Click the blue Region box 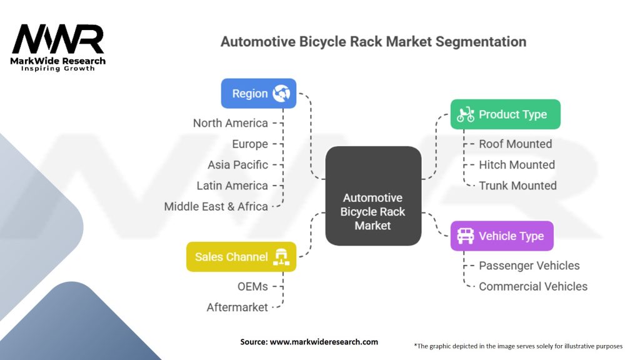(x=258, y=94)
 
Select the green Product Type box (x=505, y=114)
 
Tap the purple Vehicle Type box (x=502, y=236)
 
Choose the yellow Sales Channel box (x=241, y=257)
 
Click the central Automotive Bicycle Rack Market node (x=373, y=212)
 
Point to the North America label (x=230, y=123)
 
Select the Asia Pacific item (x=237, y=165)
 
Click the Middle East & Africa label (x=216, y=206)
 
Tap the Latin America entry (x=232, y=186)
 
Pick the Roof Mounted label (x=515, y=144)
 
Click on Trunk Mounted (x=517, y=186)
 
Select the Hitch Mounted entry (x=516, y=165)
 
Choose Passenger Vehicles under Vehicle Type (x=529, y=266)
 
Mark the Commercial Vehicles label (x=532, y=286)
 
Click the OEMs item (x=252, y=286)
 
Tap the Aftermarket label (x=237, y=307)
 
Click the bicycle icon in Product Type (x=465, y=114)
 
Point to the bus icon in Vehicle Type (x=465, y=236)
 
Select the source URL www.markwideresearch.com (x=324, y=342)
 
